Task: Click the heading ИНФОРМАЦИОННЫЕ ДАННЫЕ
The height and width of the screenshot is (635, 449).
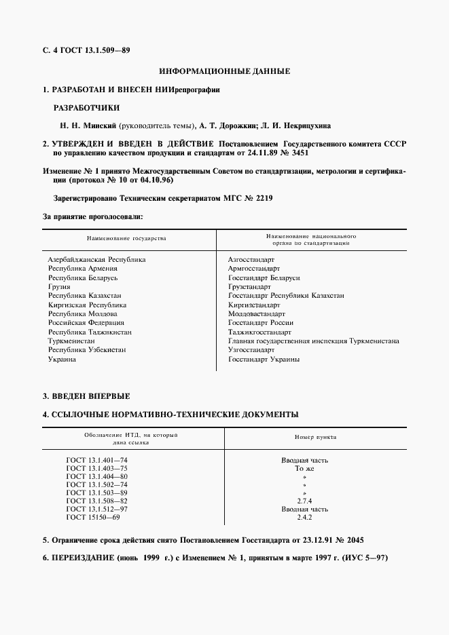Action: [224, 71]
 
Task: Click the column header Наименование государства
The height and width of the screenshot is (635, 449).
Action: [126, 239]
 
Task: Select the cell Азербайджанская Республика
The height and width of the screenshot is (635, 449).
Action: [96, 259]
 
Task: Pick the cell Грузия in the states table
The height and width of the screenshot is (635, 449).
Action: [59, 287]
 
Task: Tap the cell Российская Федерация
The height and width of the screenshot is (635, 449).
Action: [86, 323]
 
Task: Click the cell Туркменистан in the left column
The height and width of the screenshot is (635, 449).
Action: [71, 341]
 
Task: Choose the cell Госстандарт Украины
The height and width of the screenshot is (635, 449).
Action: [264, 360]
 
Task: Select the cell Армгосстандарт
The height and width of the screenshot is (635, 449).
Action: [254, 269]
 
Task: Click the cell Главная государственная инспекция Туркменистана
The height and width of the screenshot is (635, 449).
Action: [314, 341]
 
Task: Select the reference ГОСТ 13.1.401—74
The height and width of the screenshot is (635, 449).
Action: [96, 460]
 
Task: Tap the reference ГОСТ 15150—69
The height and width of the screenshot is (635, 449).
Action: [92, 517]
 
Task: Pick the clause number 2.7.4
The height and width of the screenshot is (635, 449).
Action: [305, 501]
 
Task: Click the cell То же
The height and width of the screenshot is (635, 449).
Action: [305, 468]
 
